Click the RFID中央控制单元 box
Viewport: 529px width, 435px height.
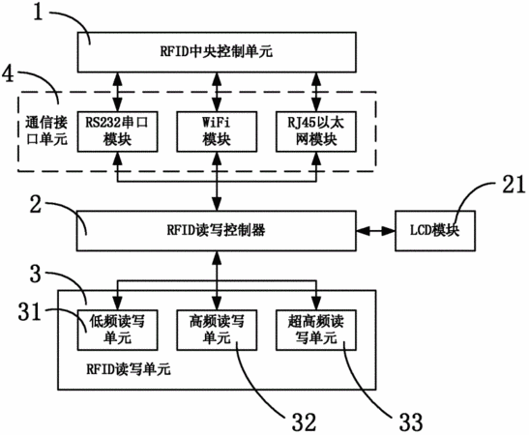[x=217, y=52]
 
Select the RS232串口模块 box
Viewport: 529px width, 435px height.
[x=117, y=131]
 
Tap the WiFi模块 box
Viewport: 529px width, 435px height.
[x=217, y=131]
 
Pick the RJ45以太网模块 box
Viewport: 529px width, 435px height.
[x=316, y=131]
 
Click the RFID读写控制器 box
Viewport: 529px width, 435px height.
[x=217, y=231]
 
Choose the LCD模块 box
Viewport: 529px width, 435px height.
[x=435, y=231]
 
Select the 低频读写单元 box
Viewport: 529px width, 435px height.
[x=117, y=331]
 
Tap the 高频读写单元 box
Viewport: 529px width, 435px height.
[x=217, y=331]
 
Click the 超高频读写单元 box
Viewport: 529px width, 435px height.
[x=316, y=331]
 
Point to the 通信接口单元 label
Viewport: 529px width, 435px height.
[x=46, y=131]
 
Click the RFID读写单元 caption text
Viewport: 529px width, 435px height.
[x=129, y=369]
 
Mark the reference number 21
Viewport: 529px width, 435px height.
[x=514, y=185]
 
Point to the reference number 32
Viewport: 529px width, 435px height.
[x=304, y=422]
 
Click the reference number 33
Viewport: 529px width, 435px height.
[x=411, y=422]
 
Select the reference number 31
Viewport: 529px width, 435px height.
[x=29, y=311]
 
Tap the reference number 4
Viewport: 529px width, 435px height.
[x=9, y=73]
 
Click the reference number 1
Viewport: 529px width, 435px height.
[x=39, y=13]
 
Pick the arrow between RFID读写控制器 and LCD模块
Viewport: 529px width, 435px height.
[x=376, y=231]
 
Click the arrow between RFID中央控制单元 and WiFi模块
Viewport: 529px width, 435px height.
[x=217, y=92]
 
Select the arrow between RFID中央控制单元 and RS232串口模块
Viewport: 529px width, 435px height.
[x=117, y=92]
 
